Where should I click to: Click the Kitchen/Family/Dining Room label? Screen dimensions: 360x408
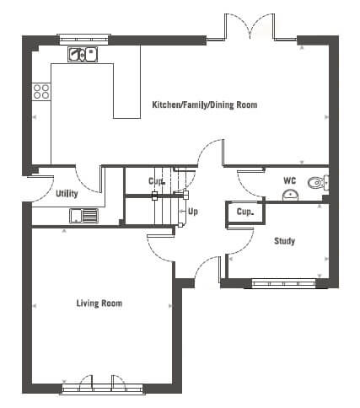[205, 105]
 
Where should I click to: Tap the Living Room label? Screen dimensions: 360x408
[99, 303]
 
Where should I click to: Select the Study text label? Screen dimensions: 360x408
[284, 241]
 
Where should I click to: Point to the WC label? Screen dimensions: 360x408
[290, 180]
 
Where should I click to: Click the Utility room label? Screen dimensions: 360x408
[67, 194]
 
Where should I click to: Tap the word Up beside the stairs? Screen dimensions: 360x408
[193, 212]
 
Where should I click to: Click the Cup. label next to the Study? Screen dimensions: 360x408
[245, 212]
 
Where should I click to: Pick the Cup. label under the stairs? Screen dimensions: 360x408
[157, 181]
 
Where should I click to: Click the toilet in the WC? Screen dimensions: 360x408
[318, 183]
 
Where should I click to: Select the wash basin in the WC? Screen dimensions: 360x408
[290, 196]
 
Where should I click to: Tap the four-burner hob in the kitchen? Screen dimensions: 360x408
[41, 91]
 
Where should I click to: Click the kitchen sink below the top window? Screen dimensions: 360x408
[83, 54]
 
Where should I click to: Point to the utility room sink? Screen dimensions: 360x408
[83, 216]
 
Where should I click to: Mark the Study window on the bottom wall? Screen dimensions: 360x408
[284, 283]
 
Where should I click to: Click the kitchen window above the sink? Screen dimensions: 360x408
[83, 40]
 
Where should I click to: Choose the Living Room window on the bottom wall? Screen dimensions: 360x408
[103, 389]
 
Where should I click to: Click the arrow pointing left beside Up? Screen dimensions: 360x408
[183, 212]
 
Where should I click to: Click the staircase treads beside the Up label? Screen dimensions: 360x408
[167, 196]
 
